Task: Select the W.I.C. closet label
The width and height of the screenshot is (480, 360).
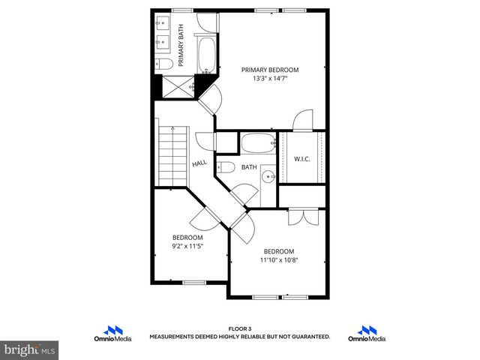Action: point(301,158)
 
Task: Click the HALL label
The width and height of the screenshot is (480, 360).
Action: point(199,163)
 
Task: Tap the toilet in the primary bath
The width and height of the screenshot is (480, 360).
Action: point(164,64)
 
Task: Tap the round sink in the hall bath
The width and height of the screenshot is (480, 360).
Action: point(268,178)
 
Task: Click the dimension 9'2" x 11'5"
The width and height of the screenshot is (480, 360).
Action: point(188,245)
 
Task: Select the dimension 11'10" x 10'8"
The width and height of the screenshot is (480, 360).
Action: point(278,260)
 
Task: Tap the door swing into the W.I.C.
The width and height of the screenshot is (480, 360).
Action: point(302,120)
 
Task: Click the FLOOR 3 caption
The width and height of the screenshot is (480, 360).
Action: point(239,328)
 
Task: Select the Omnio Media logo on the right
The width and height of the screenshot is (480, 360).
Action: point(367,334)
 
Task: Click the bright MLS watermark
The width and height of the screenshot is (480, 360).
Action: point(30,349)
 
